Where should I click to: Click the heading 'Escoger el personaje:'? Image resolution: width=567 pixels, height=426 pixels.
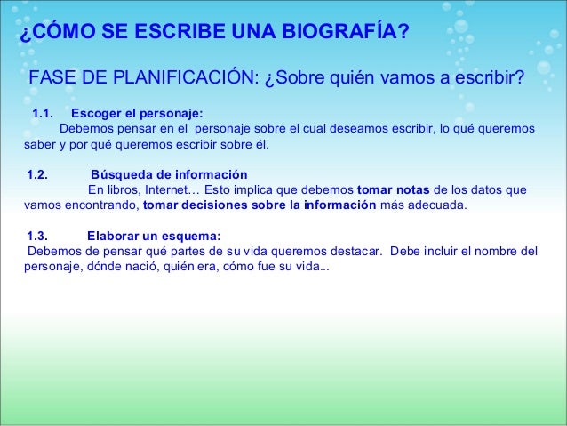coord(137,113)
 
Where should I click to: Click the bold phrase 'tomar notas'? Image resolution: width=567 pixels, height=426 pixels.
coord(393,189)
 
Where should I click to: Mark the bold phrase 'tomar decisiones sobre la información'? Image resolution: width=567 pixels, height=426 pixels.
coord(260,204)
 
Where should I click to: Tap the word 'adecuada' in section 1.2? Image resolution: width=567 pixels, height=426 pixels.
coord(435,204)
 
